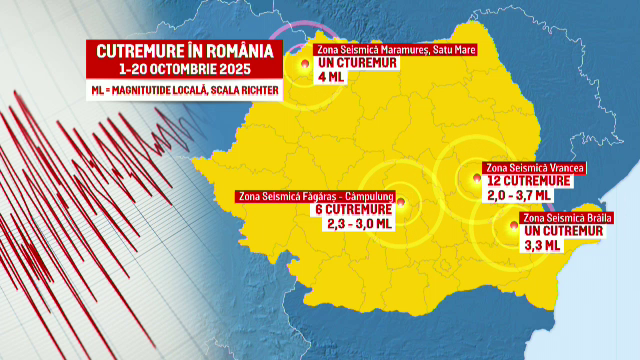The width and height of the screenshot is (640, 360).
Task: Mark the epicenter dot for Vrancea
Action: (x=475, y=181)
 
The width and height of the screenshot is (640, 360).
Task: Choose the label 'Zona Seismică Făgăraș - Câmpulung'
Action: (x=316, y=197)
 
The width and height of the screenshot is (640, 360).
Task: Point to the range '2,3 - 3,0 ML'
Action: (x=358, y=224)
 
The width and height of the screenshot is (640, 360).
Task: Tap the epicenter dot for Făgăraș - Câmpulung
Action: (x=401, y=203)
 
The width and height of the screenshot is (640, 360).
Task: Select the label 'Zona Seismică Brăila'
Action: (x=567, y=217)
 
